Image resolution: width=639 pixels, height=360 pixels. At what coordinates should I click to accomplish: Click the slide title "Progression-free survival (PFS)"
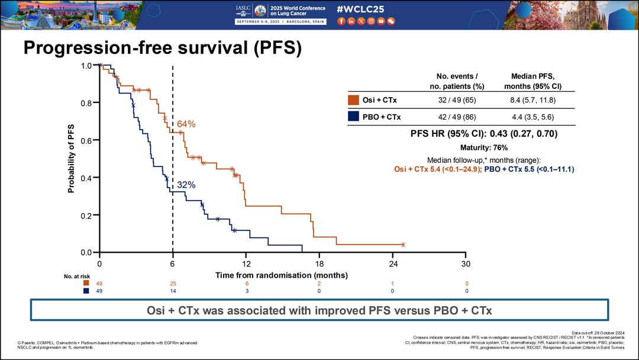(x=162, y=49)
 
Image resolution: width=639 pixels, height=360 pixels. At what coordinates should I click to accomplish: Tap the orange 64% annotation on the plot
(x=186, y=124)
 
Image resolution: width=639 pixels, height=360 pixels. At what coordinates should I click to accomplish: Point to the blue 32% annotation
(x=186, y=185)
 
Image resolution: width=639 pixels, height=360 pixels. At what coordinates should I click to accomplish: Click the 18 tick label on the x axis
(x=319, y=263)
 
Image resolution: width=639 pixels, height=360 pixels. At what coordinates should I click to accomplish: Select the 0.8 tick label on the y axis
(x=86, y=103)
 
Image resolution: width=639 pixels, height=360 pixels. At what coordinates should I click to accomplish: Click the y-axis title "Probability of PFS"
(x=71, y=159)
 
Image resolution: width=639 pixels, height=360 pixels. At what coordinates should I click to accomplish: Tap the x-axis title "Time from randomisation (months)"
(x=281, y=275)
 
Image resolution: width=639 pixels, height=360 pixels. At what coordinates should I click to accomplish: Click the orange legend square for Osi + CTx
(x=354, y=99)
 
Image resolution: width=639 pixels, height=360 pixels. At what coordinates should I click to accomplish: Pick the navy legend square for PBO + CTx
(x=354, y=117)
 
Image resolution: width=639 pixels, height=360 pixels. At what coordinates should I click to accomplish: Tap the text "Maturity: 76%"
(x=483, y=147)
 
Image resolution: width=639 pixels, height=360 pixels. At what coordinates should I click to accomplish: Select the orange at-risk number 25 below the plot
(x=173, y=284)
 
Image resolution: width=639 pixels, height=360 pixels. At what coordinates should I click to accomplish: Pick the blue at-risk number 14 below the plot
(x=173, y=291)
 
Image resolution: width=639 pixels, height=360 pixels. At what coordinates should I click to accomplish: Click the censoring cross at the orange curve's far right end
(x=403, y=245)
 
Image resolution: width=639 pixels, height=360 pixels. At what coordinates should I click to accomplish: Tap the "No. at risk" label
(x=76, y=276)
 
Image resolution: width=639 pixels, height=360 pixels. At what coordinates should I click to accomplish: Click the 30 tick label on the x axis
(x=466, y=263)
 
